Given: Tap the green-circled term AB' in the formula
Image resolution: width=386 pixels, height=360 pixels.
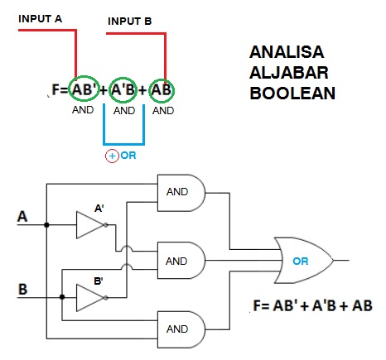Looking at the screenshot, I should tap(84, 89).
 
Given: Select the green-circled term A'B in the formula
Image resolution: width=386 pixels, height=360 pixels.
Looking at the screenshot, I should tap(123, 89).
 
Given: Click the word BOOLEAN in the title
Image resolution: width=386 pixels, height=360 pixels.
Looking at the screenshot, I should tap(292, 93).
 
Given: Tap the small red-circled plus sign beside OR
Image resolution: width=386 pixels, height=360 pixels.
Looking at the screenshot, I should tap(111, 156).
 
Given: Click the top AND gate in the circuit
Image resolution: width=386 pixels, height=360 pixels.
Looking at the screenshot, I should tap(180, 193).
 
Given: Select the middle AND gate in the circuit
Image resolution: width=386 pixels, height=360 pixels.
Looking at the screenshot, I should tap(180, 261).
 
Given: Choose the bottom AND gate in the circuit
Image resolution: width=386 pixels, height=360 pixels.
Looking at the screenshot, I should tap(180, 329).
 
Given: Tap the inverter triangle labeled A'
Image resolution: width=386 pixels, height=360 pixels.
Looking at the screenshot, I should tap(89, 224).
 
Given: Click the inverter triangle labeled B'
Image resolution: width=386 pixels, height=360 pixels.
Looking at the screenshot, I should tap(89, 295).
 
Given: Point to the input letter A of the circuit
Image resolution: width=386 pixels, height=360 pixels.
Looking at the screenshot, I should tap(22, 218).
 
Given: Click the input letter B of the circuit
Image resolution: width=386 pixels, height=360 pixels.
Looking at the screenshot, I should tap(22, 290).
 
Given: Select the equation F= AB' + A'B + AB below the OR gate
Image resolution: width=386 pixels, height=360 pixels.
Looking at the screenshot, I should tap(313, 305).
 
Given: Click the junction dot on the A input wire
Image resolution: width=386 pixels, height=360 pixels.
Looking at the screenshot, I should tap(47, 224).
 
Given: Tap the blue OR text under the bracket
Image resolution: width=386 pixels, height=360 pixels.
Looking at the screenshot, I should tap(128, 156).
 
